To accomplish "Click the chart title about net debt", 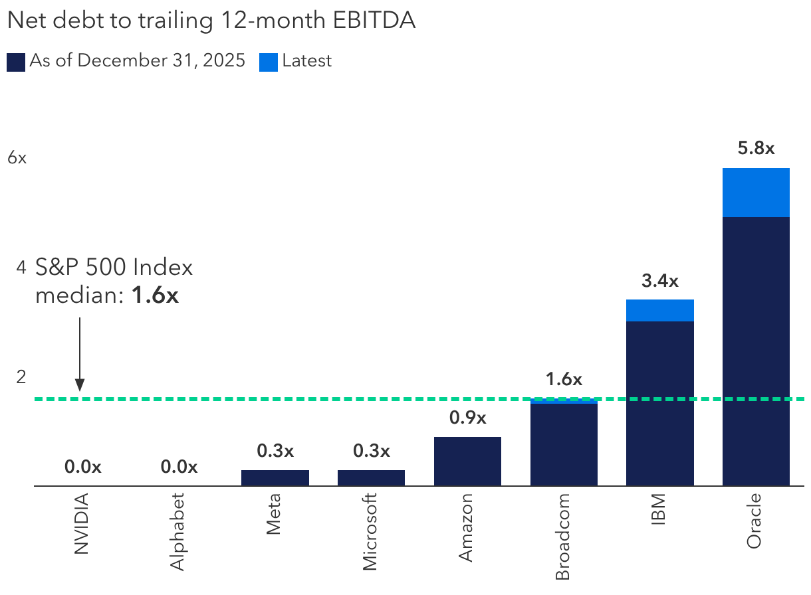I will pyautogui.click(x=211, y=21).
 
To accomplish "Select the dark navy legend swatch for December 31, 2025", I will pyautogui.click(x=16, y=62).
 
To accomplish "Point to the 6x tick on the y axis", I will pyautogui.click(x=17, y=158).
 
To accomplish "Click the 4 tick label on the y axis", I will pyautogui.click(x=21, y=268).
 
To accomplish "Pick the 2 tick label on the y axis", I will pyautogui.click(x=21, y=377).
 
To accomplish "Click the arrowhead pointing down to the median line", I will pyautogui.click(x=80, y=384).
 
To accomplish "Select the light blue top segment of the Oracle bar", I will pyautogui.click(x=756, y=193).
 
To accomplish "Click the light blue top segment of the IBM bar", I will pyautogui.click(x=660, y=310).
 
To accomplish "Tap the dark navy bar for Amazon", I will pyautogui.click(x=467, y=461).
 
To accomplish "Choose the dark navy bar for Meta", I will pyautogui.click(x=275, y=477).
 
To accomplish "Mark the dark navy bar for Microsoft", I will pyautogui.click(x=371, y=477).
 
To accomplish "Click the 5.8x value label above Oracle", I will pyautogui.click(x=756, y=148).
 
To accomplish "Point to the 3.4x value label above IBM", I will pyautogui.click(x=660, y=281).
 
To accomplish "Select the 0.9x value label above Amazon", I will pyautogui.click(x=467, y=418).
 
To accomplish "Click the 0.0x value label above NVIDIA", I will pyautogui.click(x=82, y=467).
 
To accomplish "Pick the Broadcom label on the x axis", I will pyautogui.click(x=562, y=537).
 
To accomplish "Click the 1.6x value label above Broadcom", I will pyautogui.click(x=564, y=379).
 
